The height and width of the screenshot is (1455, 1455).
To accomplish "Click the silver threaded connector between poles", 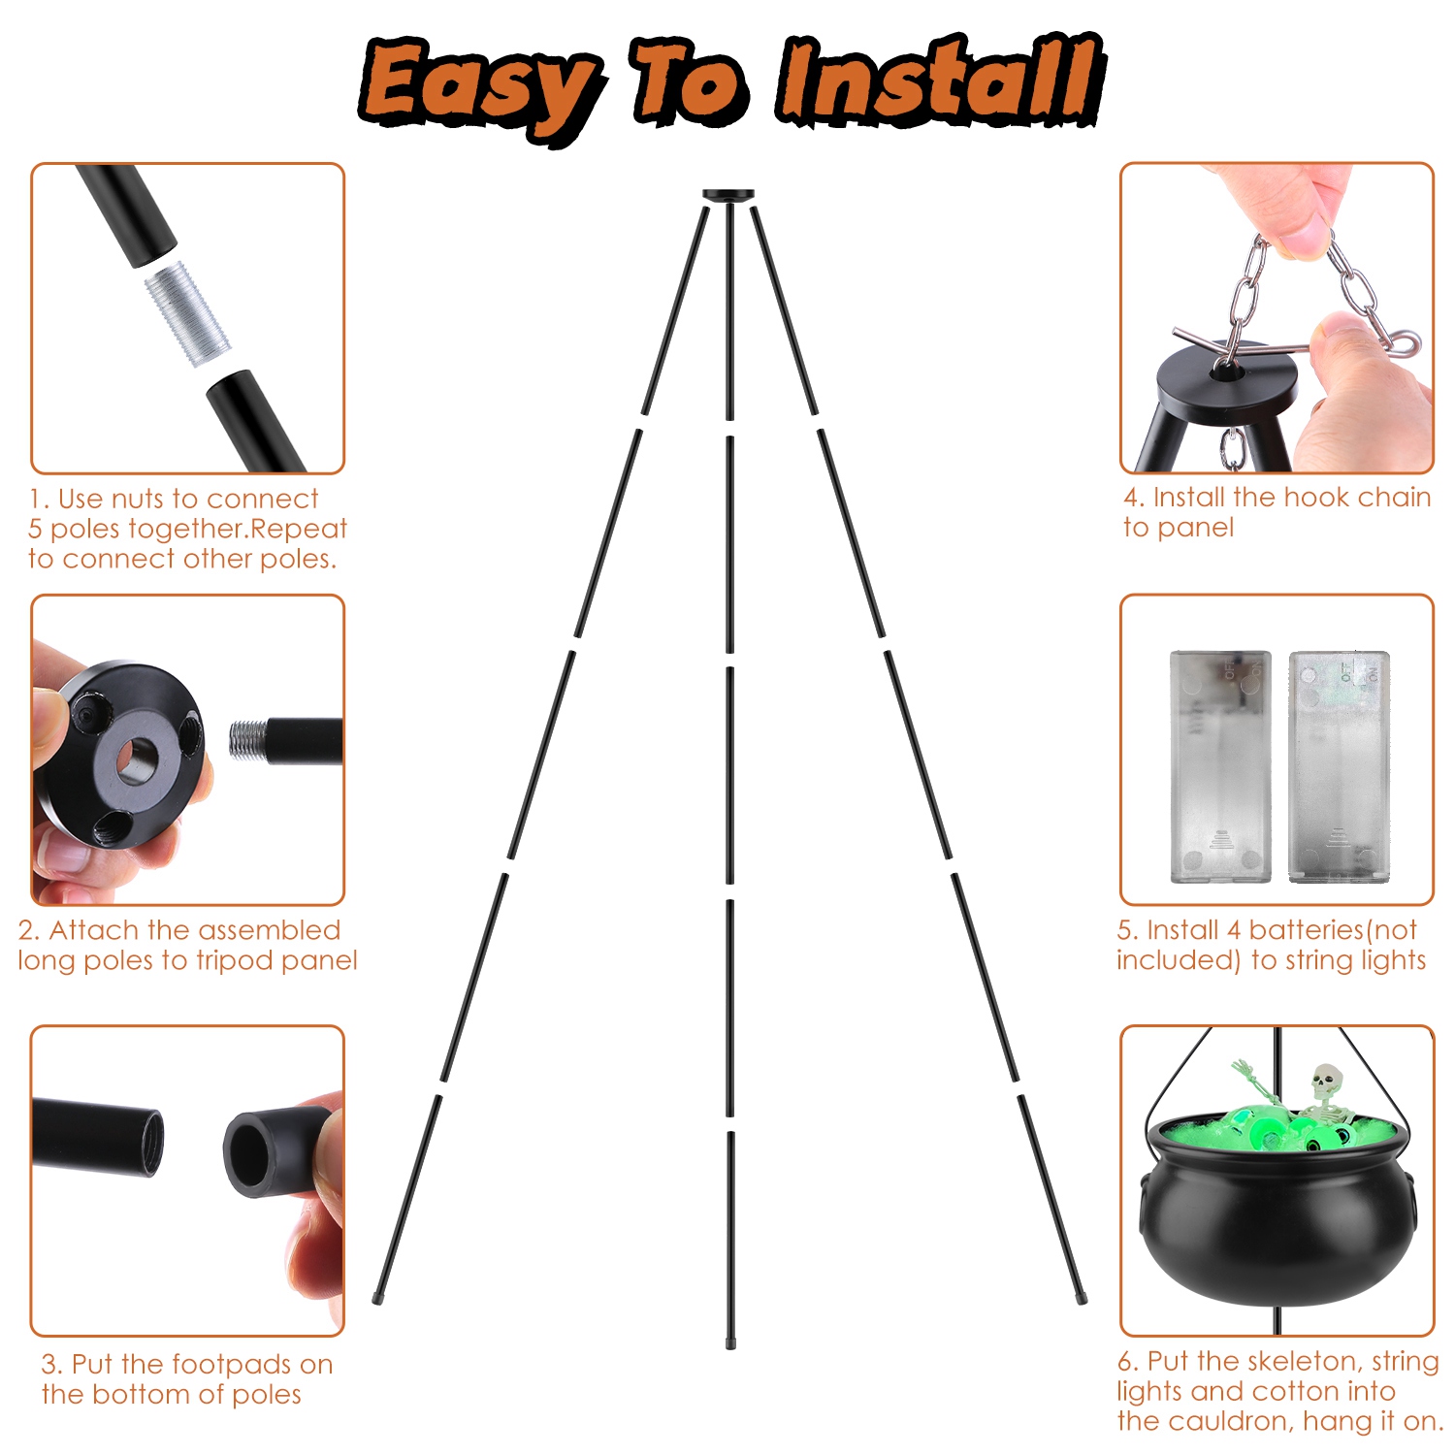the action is [x=188, y=316].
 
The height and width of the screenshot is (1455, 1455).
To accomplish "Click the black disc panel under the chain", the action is [x=1226, y=383].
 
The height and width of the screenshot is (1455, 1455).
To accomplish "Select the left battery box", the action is [x=1220, y=766].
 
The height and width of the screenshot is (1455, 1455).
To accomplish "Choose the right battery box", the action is [x=1340, y=766].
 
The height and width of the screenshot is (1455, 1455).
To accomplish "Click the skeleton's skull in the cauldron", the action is [x=1326, y=1080].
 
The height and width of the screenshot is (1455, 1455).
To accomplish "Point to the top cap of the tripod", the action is [x=729, y=195].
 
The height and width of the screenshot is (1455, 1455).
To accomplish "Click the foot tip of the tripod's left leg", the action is [x=377, y=1297].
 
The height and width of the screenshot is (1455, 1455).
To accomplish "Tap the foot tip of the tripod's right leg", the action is [x=1082, y=1297].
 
